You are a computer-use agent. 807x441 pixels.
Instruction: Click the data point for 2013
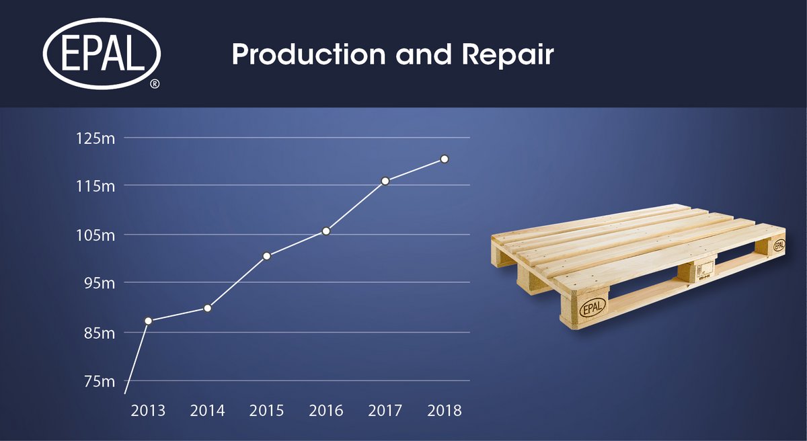click(148, 321)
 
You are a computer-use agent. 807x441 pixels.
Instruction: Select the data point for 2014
click(208, 308)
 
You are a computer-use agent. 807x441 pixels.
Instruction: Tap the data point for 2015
click(266, 255)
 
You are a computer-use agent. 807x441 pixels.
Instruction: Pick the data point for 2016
click(326, 231)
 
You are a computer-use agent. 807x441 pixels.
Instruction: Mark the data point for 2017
click(385, 181)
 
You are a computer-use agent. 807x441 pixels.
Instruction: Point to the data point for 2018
click(445, 159)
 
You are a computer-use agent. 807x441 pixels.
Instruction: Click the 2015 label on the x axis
click(266, 411)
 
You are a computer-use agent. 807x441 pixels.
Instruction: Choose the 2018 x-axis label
click(444, 411)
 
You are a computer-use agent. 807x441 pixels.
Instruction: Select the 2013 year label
click(148, 411)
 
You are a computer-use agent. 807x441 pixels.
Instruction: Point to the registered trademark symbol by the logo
click(155, 84)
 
